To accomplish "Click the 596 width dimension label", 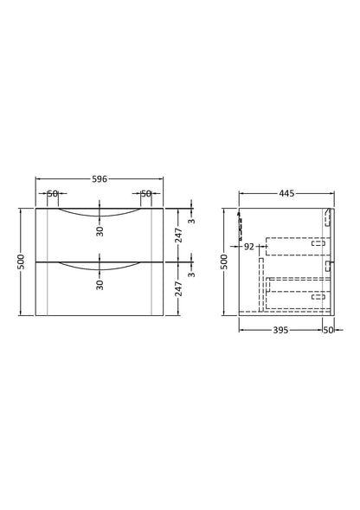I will tap(100, 179).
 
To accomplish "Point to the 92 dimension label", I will tap(249, 247).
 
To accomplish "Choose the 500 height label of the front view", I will tap(21, 261).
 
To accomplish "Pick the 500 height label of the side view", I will tap(224, 261).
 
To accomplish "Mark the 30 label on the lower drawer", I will tap(100, 284).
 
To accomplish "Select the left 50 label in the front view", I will tap(53, 194).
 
